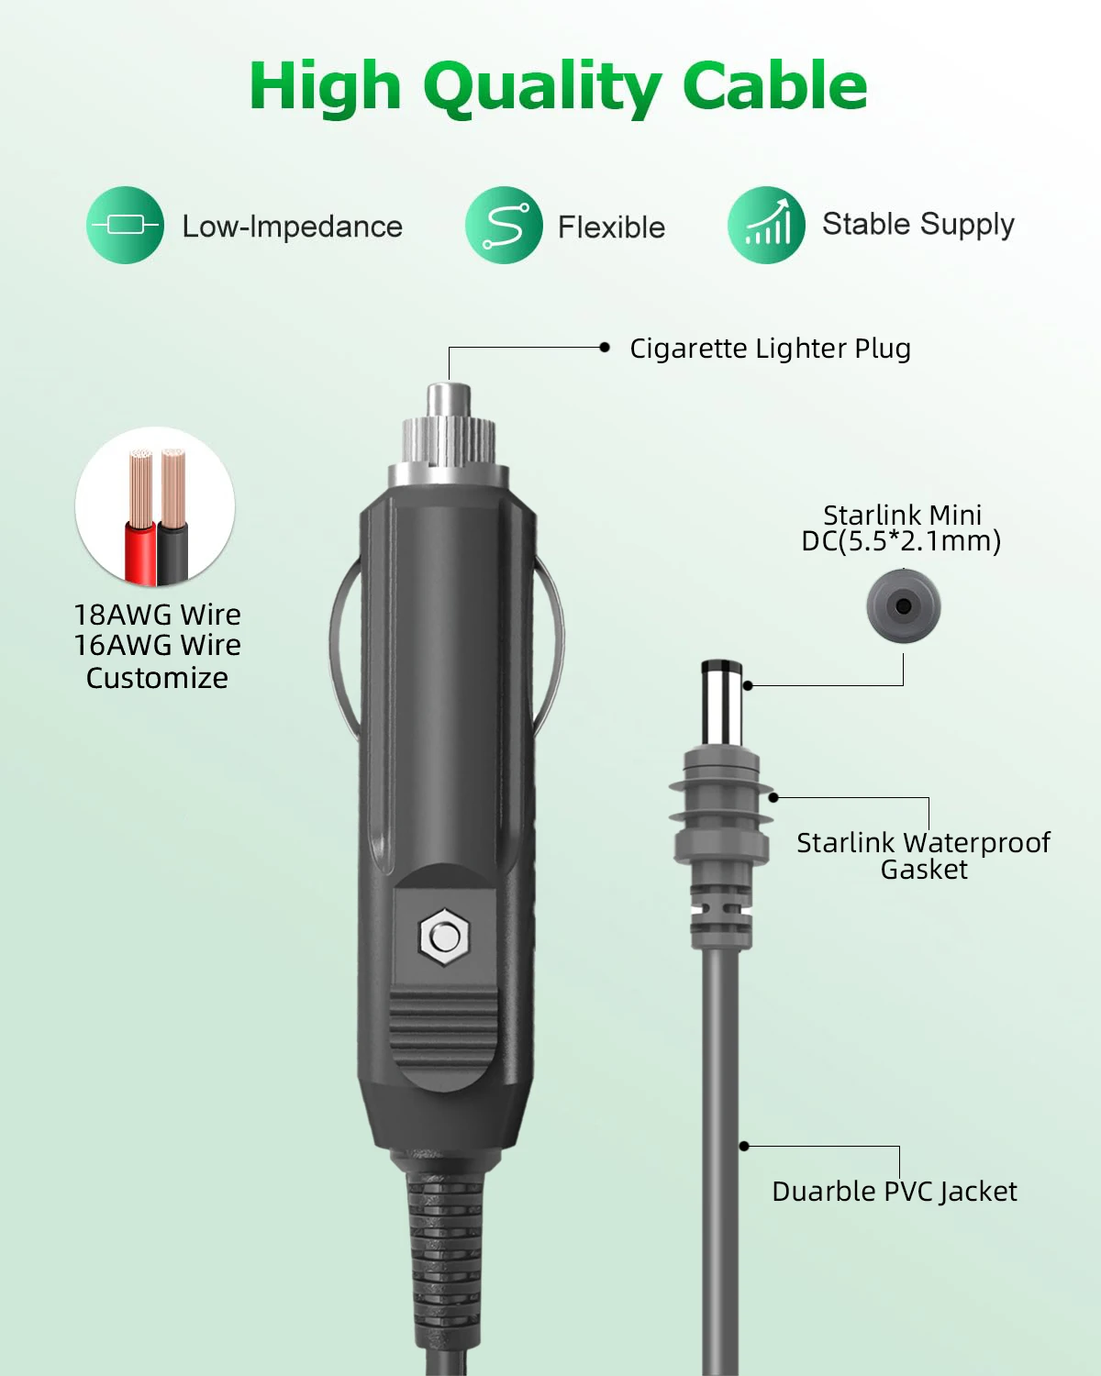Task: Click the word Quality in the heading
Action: pos(541,87)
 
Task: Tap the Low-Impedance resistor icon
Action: pos(126,225)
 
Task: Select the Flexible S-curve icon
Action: pos(504,225)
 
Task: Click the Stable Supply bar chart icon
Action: pos(766,225)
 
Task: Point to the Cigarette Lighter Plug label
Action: pos(770,349)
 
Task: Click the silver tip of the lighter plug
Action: pos(448,402)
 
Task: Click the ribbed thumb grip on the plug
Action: pos(440,1037)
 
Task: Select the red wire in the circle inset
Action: pos(140,550)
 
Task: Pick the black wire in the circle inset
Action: pos(173,550)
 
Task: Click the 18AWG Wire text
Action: pos(157,614)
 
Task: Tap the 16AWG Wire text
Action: pos(157,645)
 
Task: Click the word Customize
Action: pos(157,678)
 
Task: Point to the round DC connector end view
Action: pos(904,605)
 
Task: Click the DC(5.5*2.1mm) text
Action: pos(901,541)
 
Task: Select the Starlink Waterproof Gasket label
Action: pos(923,855)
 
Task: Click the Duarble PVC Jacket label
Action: pos(895,1191)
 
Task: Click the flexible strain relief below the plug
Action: pos(444,1266)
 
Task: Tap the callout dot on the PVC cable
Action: pos(744,1146)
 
